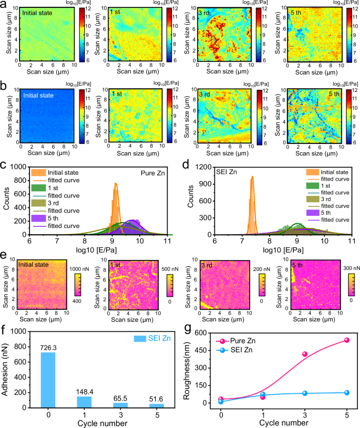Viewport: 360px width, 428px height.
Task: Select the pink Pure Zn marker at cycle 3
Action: [x=304, y=354]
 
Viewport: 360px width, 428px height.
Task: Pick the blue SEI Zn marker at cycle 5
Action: [x=346, y=392]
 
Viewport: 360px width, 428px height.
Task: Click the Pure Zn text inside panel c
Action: [x=158, y=172]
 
